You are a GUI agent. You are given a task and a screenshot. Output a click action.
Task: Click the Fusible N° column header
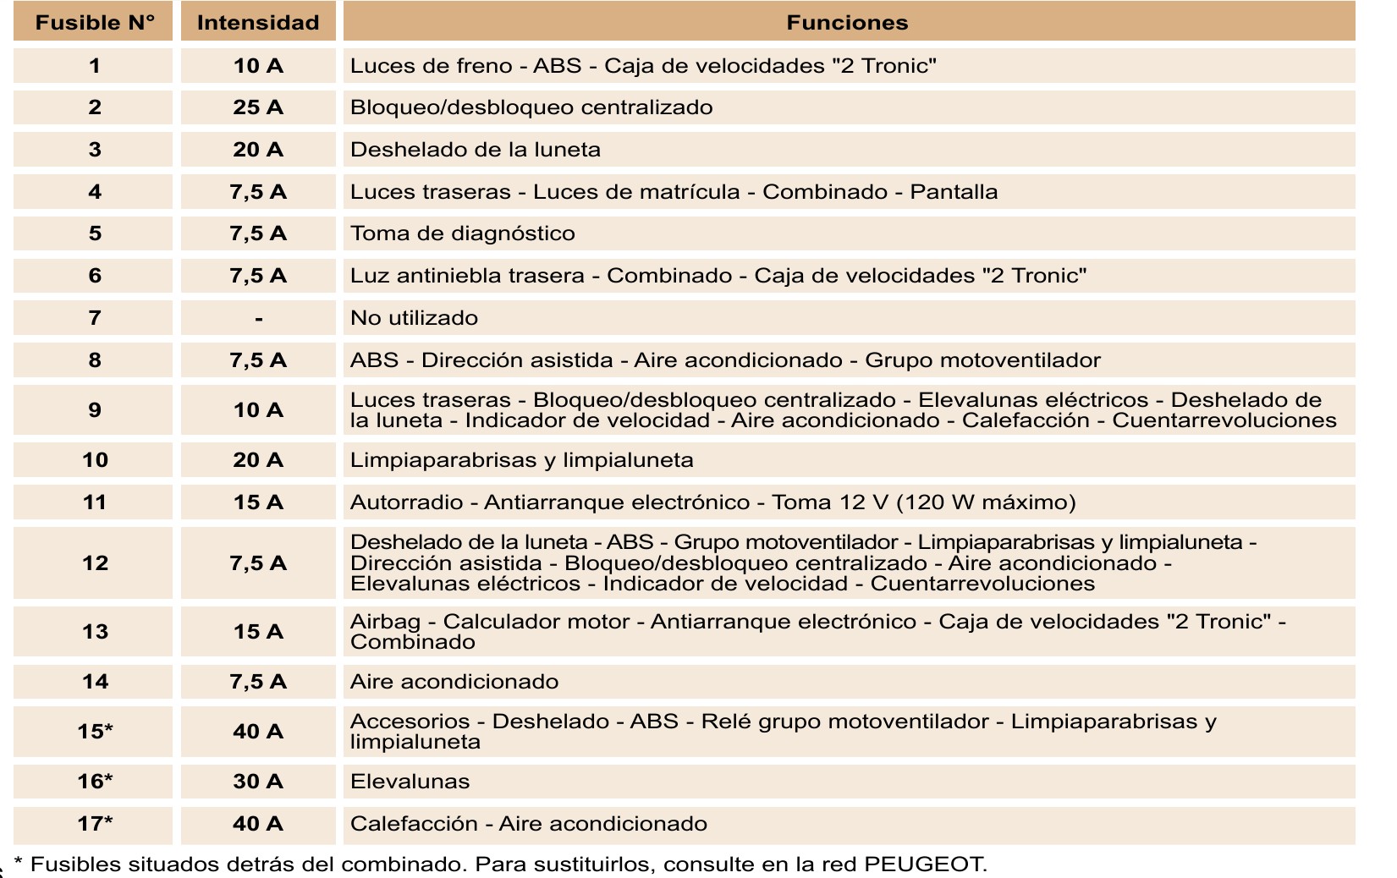(x=94, y=23)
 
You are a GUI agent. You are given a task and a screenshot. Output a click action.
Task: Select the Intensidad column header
(x=258, y=23)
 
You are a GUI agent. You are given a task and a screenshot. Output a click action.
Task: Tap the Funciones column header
(x=847, y=23)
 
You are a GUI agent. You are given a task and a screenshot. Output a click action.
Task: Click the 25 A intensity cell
(x=258, y=107)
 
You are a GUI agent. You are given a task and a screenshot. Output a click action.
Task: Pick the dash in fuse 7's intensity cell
(x=258, y=319)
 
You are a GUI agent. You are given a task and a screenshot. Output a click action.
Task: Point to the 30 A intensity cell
(x=258, y=782)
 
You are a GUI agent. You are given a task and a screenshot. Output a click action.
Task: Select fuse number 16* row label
(x=95, y=782)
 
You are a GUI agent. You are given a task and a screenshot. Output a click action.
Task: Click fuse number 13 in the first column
(x=95, y=632)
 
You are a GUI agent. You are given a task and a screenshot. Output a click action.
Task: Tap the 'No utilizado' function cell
(x=414, y=318)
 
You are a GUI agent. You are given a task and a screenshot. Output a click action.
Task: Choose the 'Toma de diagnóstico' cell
(x=462, y=233)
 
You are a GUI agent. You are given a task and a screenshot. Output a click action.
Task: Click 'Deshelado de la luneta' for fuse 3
(x=475, y=150)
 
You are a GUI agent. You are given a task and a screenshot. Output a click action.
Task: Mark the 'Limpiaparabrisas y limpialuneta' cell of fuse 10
(x=521, y=460)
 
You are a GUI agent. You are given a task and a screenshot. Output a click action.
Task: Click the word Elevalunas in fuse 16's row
(x=410, y=782)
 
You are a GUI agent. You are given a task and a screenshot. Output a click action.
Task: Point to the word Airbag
(x=385, y=622)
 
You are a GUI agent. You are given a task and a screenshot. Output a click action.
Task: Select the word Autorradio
(x=406, y=502)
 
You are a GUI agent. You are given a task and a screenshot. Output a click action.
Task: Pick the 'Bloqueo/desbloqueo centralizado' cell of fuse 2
(x=531, y=107)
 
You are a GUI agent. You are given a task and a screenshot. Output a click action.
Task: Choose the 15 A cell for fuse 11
(x=258, y=502)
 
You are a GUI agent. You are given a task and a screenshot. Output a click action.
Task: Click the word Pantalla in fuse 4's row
(x=954, y=192)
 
